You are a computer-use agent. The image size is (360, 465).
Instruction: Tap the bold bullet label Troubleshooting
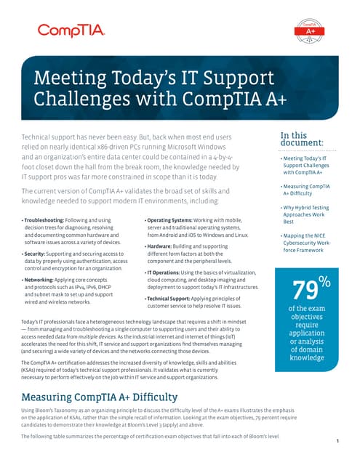[43, 219]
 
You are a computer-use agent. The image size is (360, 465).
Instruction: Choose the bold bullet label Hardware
[163, 246]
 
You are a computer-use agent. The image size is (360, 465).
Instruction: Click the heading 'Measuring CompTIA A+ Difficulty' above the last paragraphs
[100, 397]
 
